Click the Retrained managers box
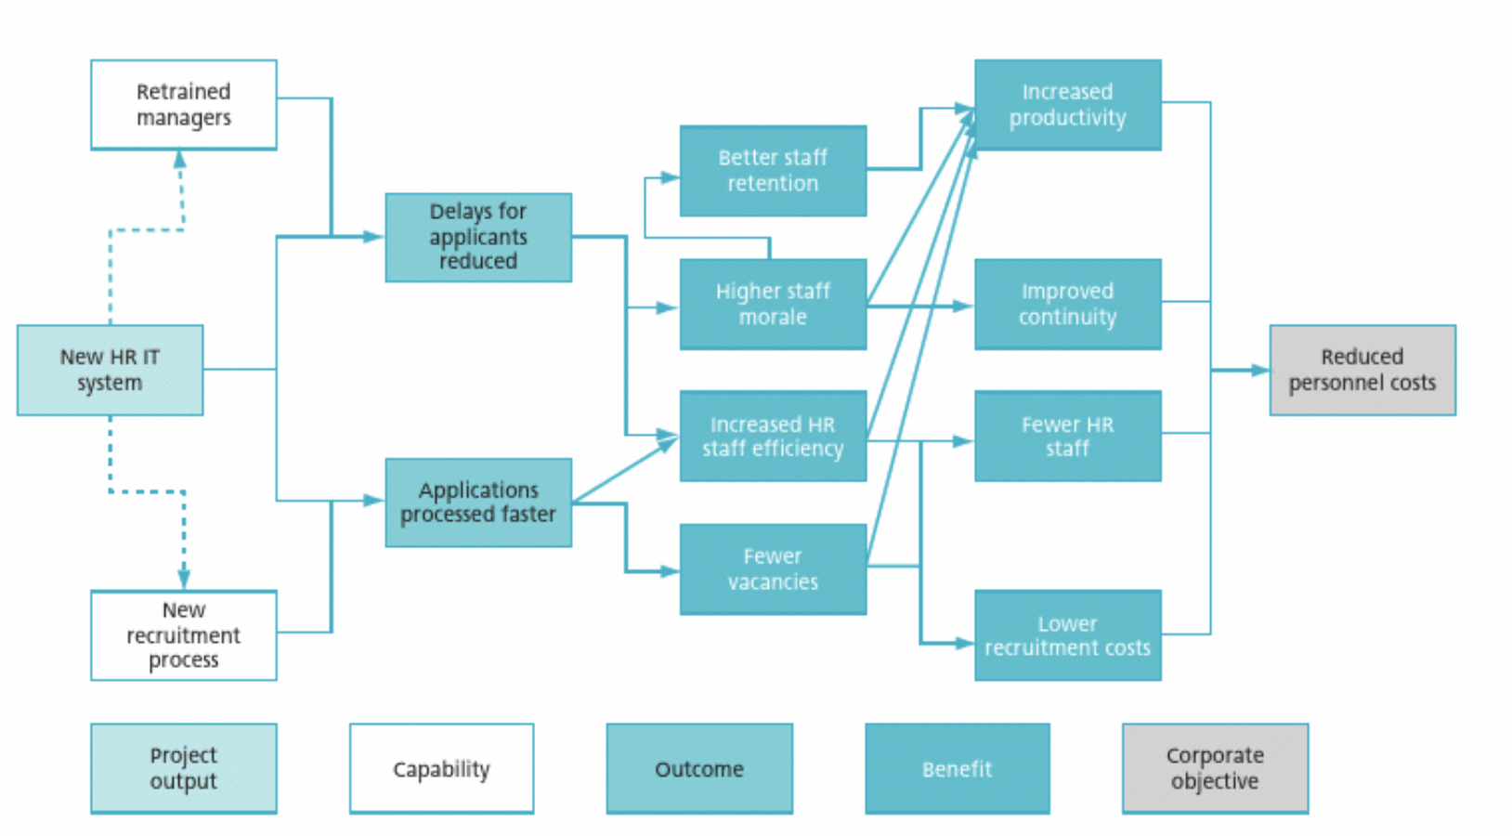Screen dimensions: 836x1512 click(x=184, y=105)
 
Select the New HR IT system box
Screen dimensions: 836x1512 click(x=110, y=370)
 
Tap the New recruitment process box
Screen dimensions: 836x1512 click(x=184, y=635)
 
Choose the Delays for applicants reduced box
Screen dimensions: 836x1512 click(x=478, y=237)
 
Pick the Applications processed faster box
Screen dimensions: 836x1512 click(x=478, y=503)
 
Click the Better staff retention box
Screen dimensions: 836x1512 click(x=773, y=171)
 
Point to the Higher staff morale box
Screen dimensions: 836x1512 click(x=773, y=304)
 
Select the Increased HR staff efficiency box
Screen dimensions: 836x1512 click(x=773, y=437)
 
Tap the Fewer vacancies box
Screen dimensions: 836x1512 click(x=773, y=569)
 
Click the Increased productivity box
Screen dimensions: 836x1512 click(x=1067, y=105)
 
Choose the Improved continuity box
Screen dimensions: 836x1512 click(x=1067, y=304)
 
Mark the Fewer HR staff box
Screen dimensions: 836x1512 click(x=1067, y=437)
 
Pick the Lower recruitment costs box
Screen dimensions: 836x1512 click(x=1067, y=635)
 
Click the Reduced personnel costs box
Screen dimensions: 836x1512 click(x=1362, y=370)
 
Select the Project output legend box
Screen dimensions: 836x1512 click(x=184, y=768)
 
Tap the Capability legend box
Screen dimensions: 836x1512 click(x=441, y=768)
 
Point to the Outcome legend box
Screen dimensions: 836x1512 click(x=699, y=768)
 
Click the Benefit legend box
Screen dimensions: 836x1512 click(x=958, y=768)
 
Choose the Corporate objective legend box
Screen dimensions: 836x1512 click(x=1215, y=768)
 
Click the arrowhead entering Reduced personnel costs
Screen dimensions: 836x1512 click(x=1260, y=370)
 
